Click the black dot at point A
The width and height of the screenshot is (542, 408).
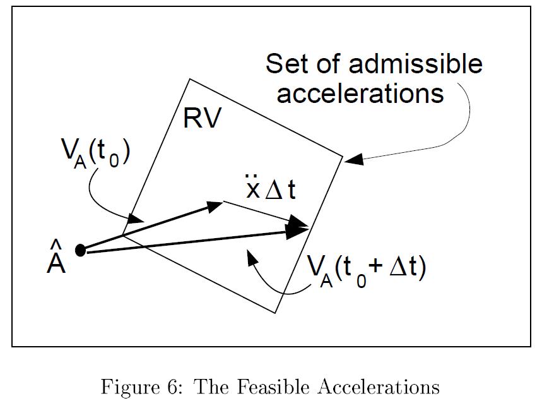point(80,250)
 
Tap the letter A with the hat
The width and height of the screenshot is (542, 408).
point(56,263)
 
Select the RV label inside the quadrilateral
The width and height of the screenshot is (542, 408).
point(203,118)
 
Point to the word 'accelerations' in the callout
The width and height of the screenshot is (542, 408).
point(360,93)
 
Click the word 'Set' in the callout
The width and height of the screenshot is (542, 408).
point(288,64)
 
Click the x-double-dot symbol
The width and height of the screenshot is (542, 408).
point(253,188)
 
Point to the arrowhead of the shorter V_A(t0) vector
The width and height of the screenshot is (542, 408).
point(216,205)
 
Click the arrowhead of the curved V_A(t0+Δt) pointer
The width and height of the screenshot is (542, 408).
point(251,255)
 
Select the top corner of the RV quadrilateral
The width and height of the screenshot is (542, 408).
point(189,79)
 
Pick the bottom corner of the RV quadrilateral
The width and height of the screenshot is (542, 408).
point(275,312)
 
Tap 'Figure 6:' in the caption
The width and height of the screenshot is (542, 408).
point(141,386)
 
